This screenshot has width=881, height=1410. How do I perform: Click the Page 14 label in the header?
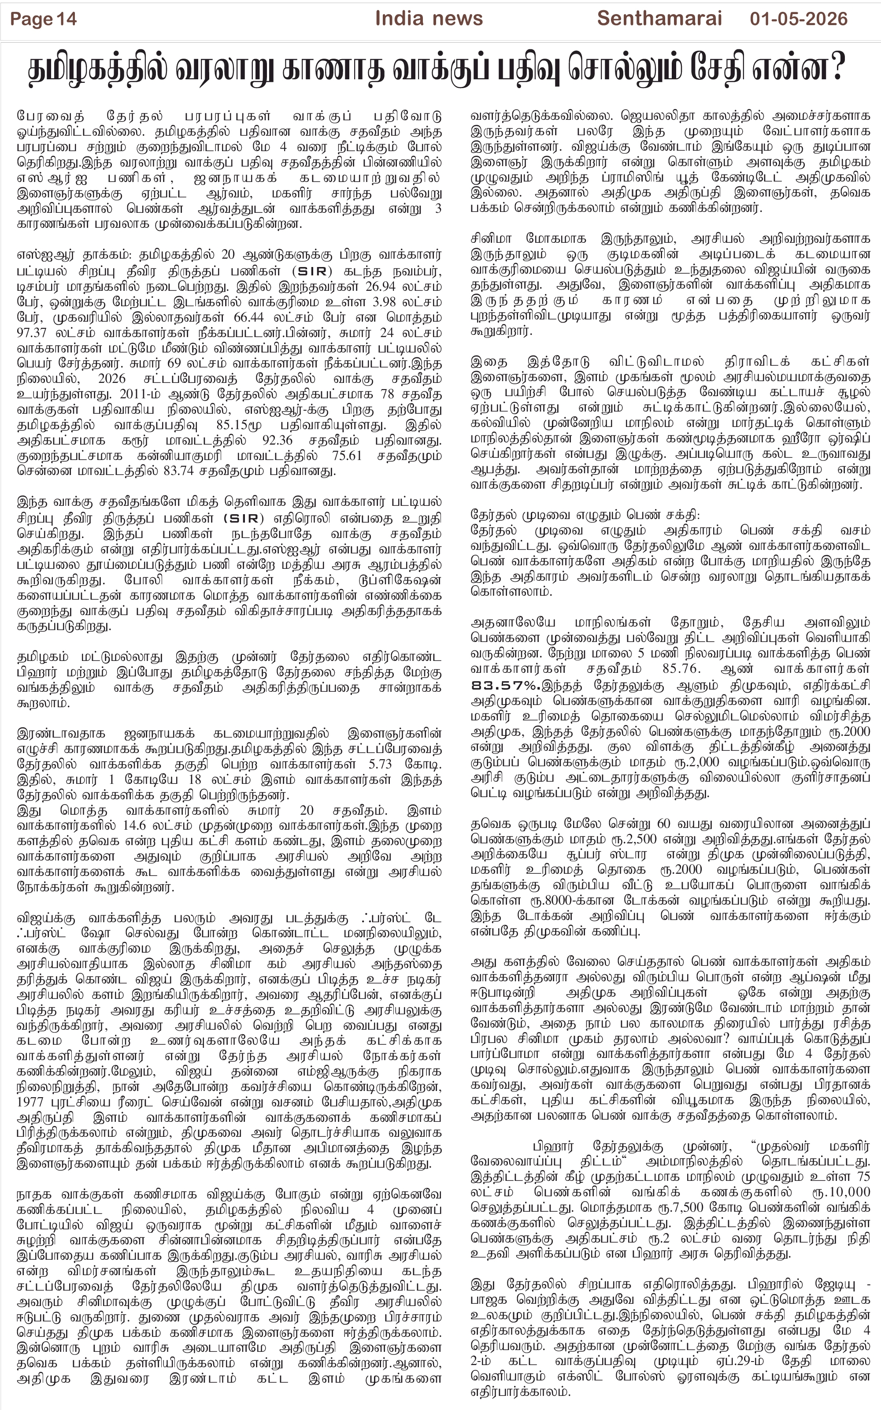(x=43, y=19)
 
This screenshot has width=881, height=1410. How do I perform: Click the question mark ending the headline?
(x=838, y=69)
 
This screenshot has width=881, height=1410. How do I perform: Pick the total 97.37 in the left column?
(x=36, y=333)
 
